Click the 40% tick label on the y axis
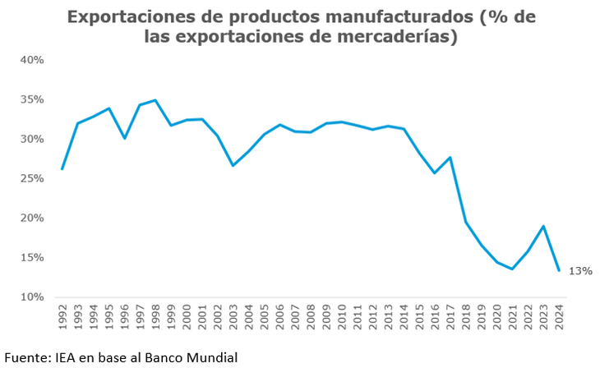[x=32, y=60]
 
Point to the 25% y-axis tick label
[x=32, y=178]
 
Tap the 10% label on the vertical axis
[x=32, y=297]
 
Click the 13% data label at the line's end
[x=580, y=271]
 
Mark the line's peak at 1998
[x=155, y=100]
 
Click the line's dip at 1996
[x=124, y=138]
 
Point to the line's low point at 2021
[x=513, y=269]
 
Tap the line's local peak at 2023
[x=543, y=226]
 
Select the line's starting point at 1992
[x=62, y=169]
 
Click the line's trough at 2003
[x=233, y=165]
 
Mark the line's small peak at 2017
[x=450, y=157]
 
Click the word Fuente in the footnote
[x=27, y=357]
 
